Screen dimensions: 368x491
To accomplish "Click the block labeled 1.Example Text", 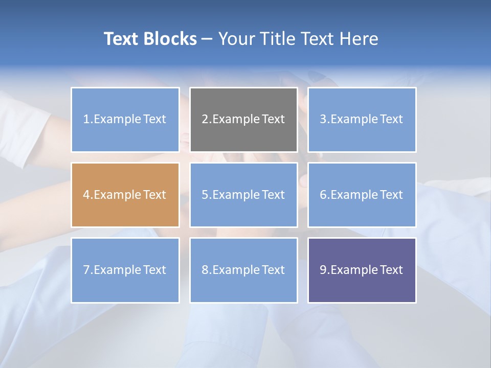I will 125,120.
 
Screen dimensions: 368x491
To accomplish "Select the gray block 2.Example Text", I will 243,120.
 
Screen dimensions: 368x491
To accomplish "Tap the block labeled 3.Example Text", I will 362,120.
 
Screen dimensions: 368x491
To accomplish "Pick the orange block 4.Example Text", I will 125,195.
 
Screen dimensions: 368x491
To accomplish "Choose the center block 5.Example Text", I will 243,195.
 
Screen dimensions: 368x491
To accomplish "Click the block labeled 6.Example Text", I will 362,195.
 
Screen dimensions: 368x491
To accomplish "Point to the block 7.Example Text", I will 125,270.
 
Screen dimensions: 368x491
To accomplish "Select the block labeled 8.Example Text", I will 243,270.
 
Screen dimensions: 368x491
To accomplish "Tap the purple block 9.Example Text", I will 362,270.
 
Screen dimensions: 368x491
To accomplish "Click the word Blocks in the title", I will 171,39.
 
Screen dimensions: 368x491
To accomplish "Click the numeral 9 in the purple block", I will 323,270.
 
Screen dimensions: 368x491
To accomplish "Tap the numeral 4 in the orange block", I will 86,195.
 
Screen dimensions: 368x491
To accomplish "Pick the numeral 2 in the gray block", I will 205,120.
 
